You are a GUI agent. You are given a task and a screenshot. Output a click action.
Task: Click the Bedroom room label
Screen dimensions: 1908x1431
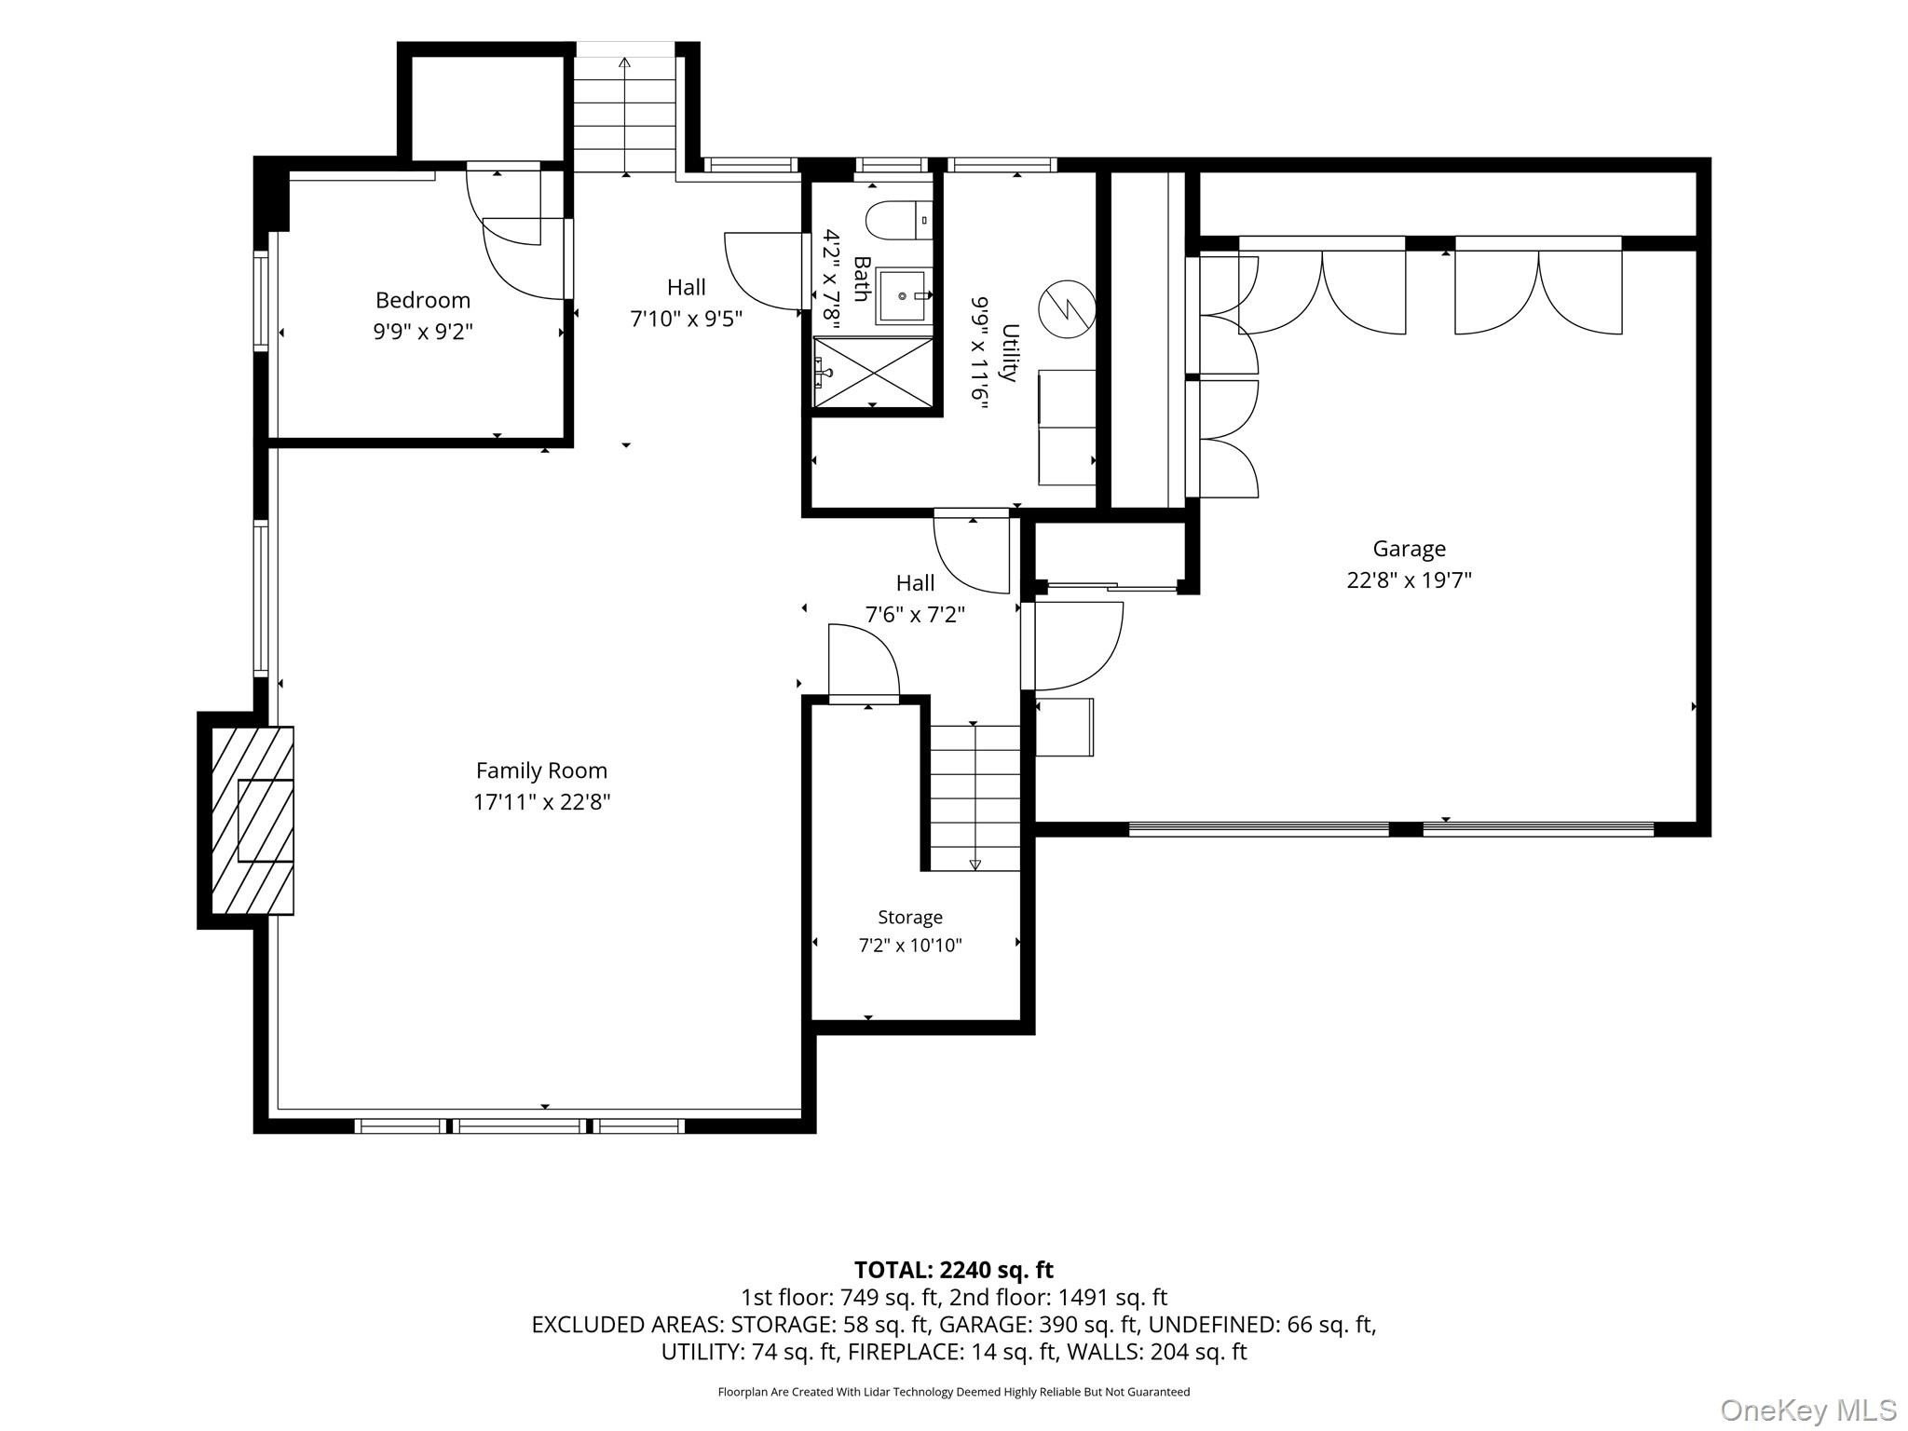pos(422,300)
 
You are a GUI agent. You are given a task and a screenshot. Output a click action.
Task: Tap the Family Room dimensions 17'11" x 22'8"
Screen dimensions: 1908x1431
pos(541,801)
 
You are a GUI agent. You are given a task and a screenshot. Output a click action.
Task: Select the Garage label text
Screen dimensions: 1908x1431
pos(1409,549)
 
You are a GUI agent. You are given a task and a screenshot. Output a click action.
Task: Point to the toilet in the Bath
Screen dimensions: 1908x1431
pos(898,221)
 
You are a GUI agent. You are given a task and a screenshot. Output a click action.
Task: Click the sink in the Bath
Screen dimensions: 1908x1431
pos(903,295)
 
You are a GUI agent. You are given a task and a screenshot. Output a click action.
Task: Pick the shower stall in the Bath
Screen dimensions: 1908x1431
pos(873,372)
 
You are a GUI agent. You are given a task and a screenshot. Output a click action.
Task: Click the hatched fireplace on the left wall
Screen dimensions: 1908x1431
pos(252,820)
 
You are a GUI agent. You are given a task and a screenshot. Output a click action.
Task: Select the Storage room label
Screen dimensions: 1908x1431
pos(910,918)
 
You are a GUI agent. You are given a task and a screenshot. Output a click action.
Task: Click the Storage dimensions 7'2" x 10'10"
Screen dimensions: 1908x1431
pos(910,946)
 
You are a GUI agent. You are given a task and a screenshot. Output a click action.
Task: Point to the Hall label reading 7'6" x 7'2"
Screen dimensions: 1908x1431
pos(915,615)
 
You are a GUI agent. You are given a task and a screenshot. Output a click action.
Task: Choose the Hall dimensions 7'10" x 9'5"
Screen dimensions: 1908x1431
pos(687,319)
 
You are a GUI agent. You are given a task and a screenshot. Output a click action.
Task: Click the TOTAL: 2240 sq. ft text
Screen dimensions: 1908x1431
pos(954,1269)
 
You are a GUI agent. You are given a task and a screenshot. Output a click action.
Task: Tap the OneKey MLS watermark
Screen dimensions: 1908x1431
pos(1808,1410)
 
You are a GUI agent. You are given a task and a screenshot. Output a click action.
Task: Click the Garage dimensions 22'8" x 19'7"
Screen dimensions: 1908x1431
pos(1409,580)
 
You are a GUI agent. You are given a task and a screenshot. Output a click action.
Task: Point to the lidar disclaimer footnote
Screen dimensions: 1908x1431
pos(954,1392)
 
